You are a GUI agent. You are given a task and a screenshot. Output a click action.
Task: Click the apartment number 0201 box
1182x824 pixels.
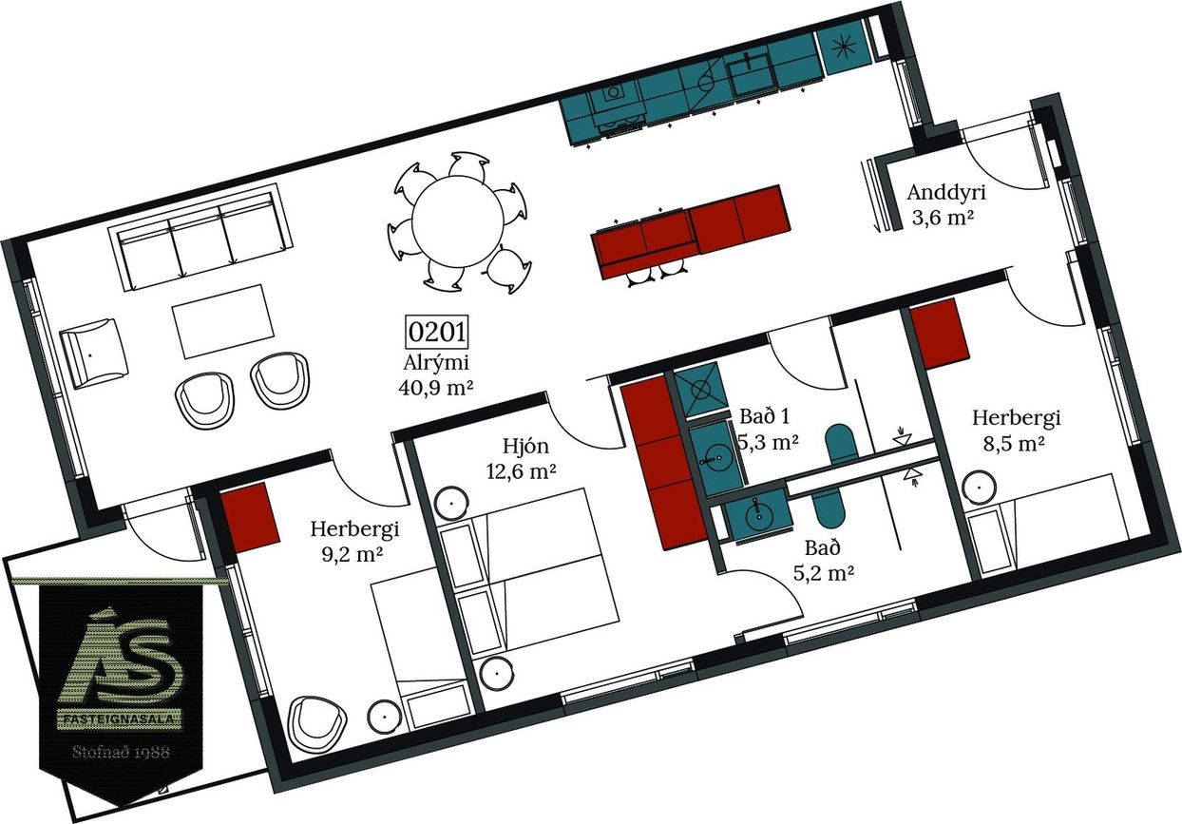pos(437,332)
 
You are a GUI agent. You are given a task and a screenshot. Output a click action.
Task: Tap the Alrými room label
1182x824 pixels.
pos(436,363)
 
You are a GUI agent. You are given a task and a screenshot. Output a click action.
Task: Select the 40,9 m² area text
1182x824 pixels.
pos(436,388)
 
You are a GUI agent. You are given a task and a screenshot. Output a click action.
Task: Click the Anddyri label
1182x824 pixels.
pos(946,193)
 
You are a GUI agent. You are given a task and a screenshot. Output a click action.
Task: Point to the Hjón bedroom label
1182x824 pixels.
pos(525,447)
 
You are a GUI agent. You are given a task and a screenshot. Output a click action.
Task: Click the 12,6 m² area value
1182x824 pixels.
pos(522,470)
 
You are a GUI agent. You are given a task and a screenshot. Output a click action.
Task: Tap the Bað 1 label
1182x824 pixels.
pos(765,416)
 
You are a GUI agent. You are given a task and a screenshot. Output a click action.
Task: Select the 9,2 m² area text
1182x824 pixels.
pos(352,554)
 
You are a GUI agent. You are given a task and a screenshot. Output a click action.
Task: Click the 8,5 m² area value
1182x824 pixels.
pos(1014,444)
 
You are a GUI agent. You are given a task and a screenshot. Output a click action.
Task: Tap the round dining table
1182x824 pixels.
pos(457,221)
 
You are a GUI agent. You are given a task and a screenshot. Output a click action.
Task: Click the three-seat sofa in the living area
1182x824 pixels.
pos(200,237)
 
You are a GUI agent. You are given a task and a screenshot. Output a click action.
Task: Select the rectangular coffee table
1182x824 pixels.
pos(223,322)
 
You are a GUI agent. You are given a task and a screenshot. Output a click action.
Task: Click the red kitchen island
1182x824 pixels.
pos(691,231)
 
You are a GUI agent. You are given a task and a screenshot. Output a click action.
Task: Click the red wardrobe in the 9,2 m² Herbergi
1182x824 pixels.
pos(250,518)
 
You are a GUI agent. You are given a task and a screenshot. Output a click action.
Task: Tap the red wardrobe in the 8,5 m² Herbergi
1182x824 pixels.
pos(940,334)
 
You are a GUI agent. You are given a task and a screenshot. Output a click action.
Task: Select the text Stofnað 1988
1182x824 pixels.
pos(122,751)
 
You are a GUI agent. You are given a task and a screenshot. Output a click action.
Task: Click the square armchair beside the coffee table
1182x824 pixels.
pos(93,354)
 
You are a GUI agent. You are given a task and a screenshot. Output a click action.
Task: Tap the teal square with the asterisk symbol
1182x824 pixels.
pos(843,48)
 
